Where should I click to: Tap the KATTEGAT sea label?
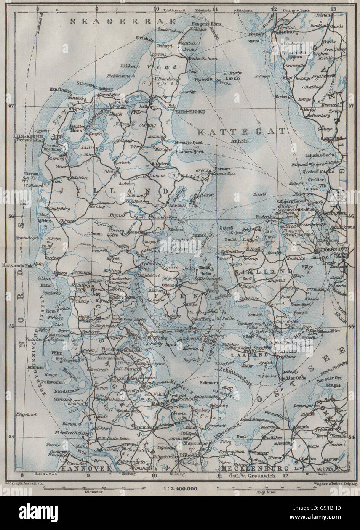241,132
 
